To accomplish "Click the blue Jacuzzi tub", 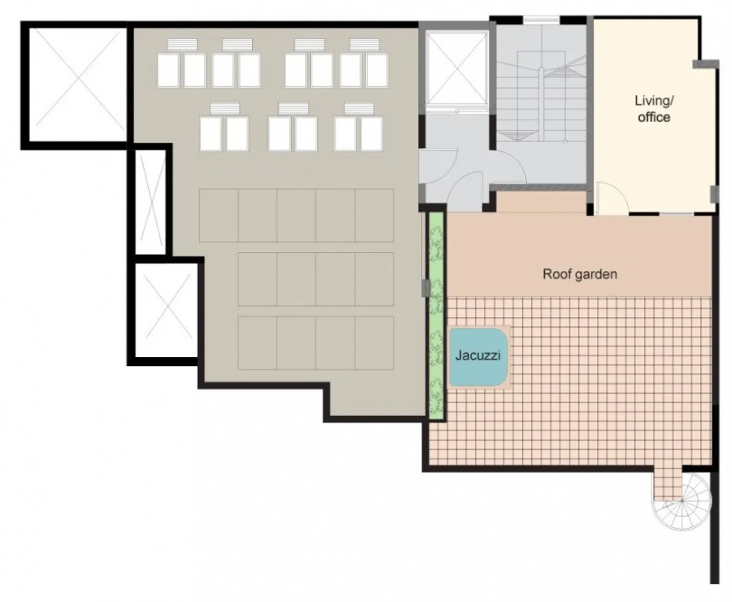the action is [478, 357].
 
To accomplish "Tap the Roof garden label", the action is [580, 273].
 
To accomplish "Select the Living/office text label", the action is [654, 108].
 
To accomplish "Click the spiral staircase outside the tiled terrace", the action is [682, 501].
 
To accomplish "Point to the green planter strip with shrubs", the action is [436, 316].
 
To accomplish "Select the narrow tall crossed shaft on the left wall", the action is [151, 202].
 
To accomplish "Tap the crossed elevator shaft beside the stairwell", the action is [457, 68].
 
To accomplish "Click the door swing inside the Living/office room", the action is [612, 198].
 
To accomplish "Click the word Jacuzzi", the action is [477, 356].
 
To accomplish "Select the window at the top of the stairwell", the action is [541, 20].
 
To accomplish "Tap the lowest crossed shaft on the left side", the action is [167, 311].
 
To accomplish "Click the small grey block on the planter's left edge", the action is [425, 288].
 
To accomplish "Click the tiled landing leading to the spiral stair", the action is [668, 483].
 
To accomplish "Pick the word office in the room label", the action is [654, 117].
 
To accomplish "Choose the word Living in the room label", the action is [654, 101].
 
